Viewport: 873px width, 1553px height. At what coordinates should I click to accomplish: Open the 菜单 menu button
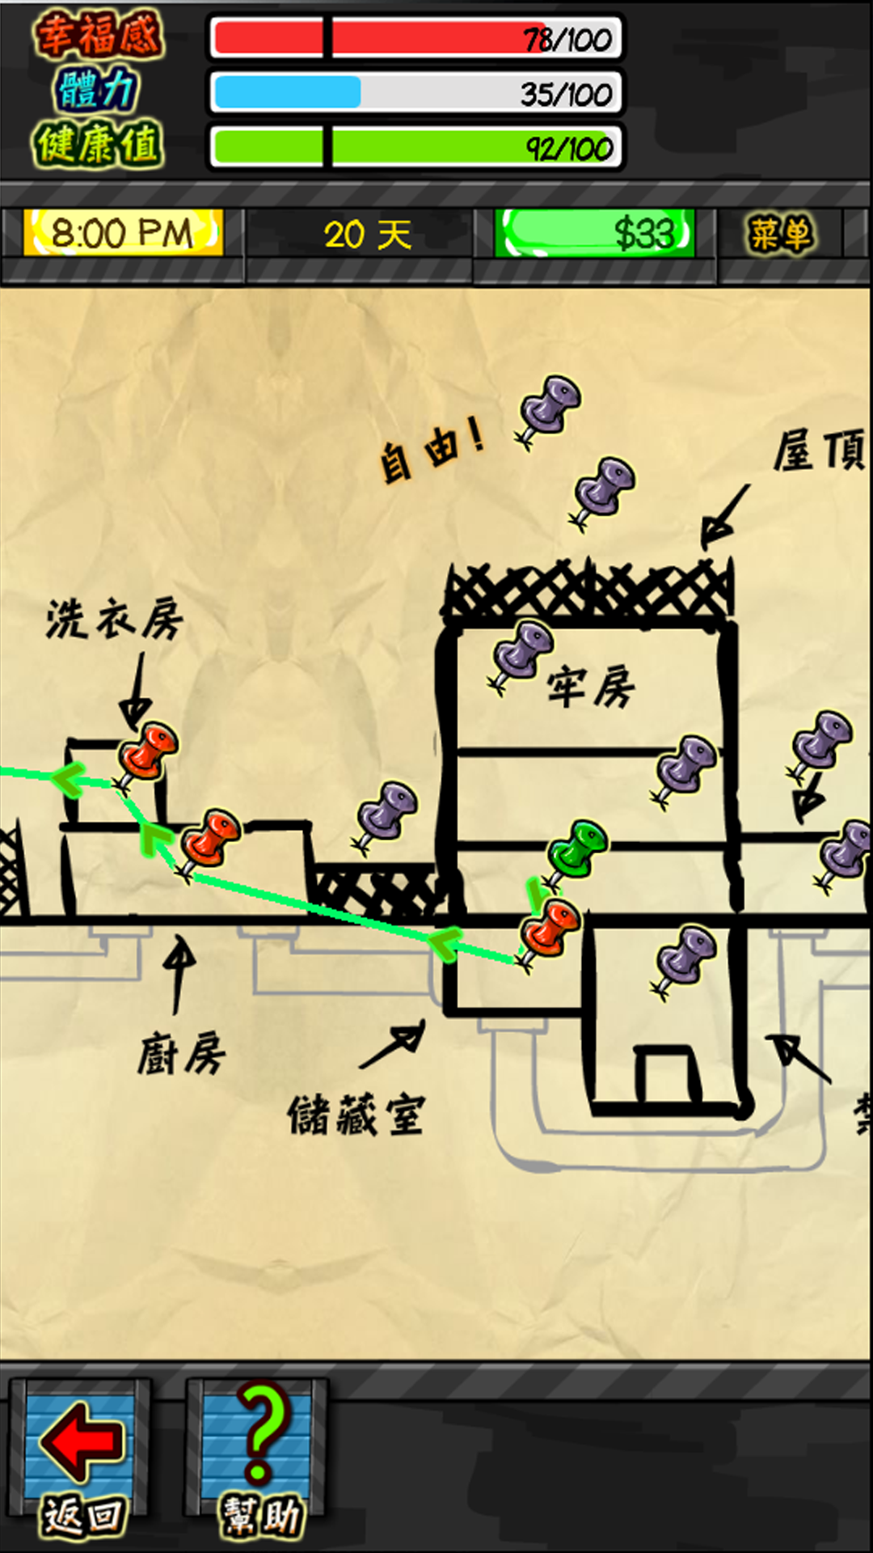click(779, 235)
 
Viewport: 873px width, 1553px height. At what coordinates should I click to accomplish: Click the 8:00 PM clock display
click(123, 234)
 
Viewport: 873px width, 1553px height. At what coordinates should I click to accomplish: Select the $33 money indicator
click(596, 234)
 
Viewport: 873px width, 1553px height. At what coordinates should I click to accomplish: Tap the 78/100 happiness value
click(567, 39)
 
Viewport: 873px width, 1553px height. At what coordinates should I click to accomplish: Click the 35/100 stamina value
click(566, 94)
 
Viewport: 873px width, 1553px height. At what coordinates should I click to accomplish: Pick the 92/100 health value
click(569, 149)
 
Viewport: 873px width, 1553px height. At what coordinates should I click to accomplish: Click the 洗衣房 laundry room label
click(114, 620)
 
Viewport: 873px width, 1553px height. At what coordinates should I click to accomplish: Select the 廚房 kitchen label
click(181, 1053)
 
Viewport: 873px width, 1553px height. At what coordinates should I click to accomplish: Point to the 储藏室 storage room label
click(356, 1115)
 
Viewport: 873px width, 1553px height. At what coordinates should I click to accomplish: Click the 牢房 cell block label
click(591, 688)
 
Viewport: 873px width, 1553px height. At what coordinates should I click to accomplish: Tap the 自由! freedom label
click(432, 450)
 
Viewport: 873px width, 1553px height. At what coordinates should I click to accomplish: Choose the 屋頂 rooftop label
click(818, 450)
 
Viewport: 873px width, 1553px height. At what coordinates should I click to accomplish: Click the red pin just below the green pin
click(550, 929)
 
